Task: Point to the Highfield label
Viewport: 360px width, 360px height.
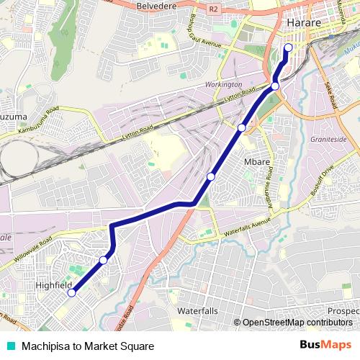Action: (x=54, y=286)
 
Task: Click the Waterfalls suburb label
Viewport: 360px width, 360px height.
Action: (x=197, y=310)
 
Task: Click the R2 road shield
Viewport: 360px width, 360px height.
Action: (x=213, y=9)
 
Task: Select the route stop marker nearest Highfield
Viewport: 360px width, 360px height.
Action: (x=71, y=292)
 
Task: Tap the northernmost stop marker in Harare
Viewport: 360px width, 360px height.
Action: (x=288, y=48)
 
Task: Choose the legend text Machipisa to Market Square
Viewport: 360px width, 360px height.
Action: (x=87, y=346)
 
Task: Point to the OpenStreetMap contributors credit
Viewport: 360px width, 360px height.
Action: (x=295, y=322)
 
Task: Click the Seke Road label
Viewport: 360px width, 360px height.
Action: (x=332, y=95)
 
